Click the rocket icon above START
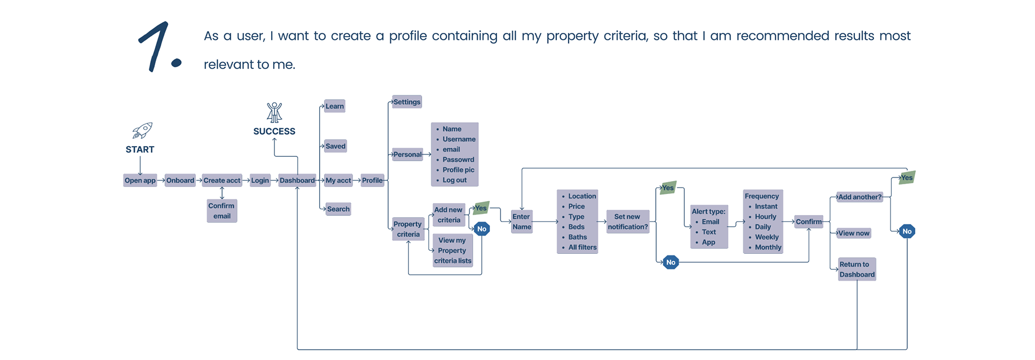(142, 130)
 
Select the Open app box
(140, 181)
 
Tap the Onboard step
(180, 181)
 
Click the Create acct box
(222, 181)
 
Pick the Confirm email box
(222, 211)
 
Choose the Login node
(260, 181)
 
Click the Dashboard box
(297, 181)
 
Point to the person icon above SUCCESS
(274, 112)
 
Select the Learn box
(334, 106)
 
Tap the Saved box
(335, 146)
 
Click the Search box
(338, 209)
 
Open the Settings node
(406, 102)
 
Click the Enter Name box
(522, 221)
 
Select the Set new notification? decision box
(627, 221)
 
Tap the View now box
(853, 233)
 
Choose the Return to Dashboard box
(857, 269)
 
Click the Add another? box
(860, 197)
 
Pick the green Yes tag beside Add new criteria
(481, 208)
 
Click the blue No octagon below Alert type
(671, 262)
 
